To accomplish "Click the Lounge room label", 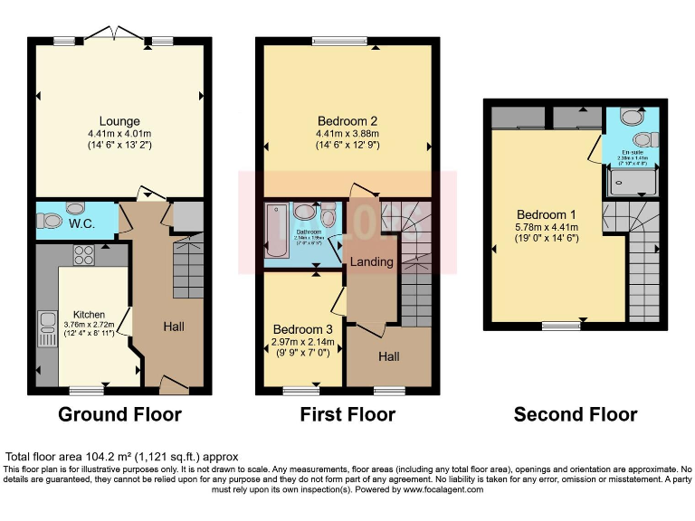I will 119,121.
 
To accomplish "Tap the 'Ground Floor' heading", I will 119,415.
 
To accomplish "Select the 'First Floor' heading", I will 347,415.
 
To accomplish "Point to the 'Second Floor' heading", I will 576,415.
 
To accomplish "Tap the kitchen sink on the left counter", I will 46,328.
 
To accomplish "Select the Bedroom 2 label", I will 347,121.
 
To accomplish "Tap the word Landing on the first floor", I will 372,262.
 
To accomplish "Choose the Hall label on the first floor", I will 389,357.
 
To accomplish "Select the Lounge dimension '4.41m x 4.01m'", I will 119,133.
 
